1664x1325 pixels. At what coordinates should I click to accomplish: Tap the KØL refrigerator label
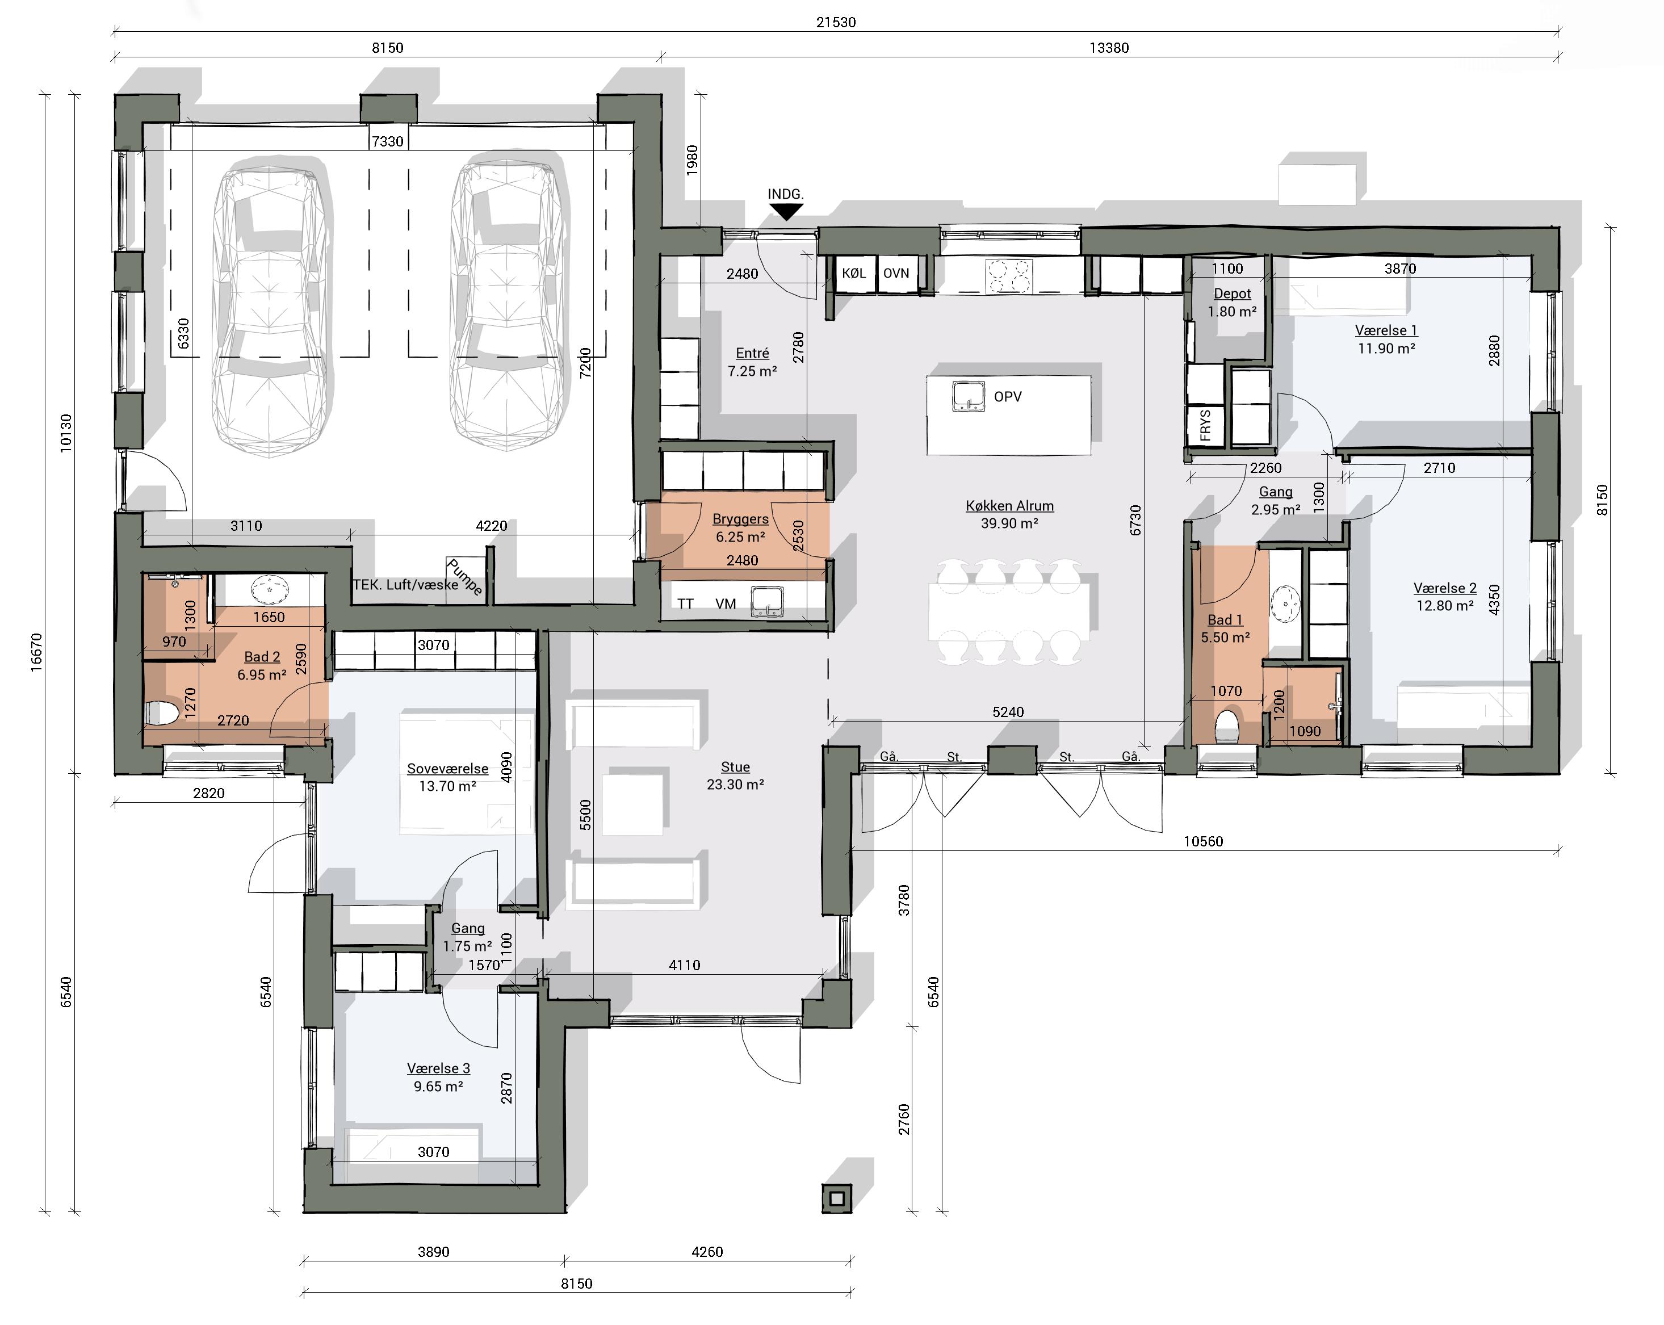[x=854, y=273]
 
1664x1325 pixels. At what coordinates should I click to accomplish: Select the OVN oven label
[x=896, y=273]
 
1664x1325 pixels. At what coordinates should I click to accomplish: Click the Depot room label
[x=1232, y=293]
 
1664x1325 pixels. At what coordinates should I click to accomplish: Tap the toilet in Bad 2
[x=161, y=713]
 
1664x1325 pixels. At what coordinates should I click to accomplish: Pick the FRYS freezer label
[x=1205, y=425]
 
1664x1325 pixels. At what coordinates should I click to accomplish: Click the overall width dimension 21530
[x=836, y=22]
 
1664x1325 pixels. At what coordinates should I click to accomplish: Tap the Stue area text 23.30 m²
[x=736, y=785]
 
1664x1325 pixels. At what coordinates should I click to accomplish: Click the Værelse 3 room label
[x=438, y=1068]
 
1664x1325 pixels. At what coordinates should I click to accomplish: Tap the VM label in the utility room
[x=726, y=603]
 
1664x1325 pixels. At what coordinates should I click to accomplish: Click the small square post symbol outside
[x=837, y=1198]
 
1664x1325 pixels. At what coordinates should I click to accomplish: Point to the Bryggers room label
[x=740, y=518]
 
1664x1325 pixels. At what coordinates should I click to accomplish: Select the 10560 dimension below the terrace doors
[x=1203, y=841]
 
